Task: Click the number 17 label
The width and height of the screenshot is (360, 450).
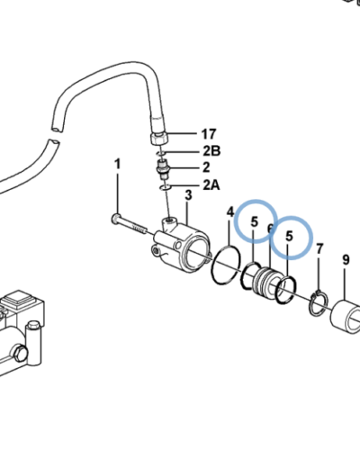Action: pos(209,134)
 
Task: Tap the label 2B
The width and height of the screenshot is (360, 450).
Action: pos(211,151)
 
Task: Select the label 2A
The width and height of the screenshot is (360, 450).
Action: pos(211,185)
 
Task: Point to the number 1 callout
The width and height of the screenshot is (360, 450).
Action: pos(118,164)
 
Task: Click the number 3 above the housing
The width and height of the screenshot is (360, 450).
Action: pos(188,195)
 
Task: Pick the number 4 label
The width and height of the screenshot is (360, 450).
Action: pos(230,212)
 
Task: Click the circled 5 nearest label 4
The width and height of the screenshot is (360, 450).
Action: pos(255,222)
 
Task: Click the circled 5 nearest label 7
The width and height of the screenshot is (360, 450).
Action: pos(289,237)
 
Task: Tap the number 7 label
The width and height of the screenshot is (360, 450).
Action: pos(319,248)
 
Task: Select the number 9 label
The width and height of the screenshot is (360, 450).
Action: pos(346,260)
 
